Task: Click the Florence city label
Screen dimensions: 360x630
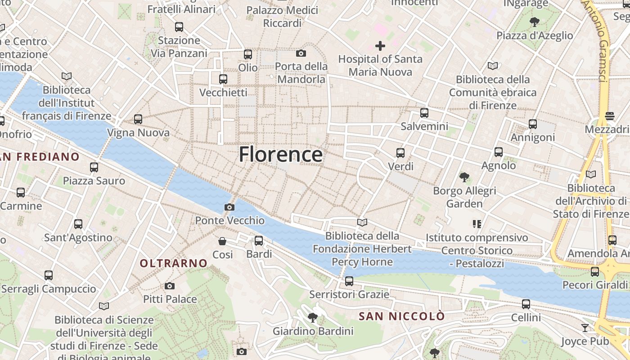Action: tap(280, 154)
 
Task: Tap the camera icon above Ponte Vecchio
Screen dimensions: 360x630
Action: tap(229, 207)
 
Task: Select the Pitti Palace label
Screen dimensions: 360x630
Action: tap(170, 299)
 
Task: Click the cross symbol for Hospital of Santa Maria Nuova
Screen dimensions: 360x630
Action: tap(380, 46)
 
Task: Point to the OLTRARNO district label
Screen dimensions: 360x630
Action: tap(174, 263)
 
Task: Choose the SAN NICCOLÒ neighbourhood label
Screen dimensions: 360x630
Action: tap(401, 316)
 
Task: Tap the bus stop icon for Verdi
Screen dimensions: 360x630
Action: tap(400, 153)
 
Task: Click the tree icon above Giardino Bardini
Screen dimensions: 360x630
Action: tap(312, 318)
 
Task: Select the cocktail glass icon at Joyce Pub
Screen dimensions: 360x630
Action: tap(585, 328)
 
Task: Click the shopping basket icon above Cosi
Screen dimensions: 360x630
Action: tap(222, 241)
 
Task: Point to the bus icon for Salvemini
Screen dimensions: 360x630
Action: tap(424, 113)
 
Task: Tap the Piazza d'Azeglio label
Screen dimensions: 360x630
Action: tap(535, 36)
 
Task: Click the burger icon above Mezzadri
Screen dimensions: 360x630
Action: tap(610, 116)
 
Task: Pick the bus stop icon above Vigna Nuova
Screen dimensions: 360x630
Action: tap(138, 119)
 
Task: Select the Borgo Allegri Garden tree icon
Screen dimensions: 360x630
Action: tap(464, 177)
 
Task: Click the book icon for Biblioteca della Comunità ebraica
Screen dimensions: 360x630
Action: tap(493, 66)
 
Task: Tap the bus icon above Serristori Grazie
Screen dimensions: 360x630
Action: tap(349, 281)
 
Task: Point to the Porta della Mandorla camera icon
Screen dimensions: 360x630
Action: tap(301, 54)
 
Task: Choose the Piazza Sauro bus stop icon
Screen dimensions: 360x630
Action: tap(94, 167)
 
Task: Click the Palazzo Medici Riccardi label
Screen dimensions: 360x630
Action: tap(282, 16)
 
